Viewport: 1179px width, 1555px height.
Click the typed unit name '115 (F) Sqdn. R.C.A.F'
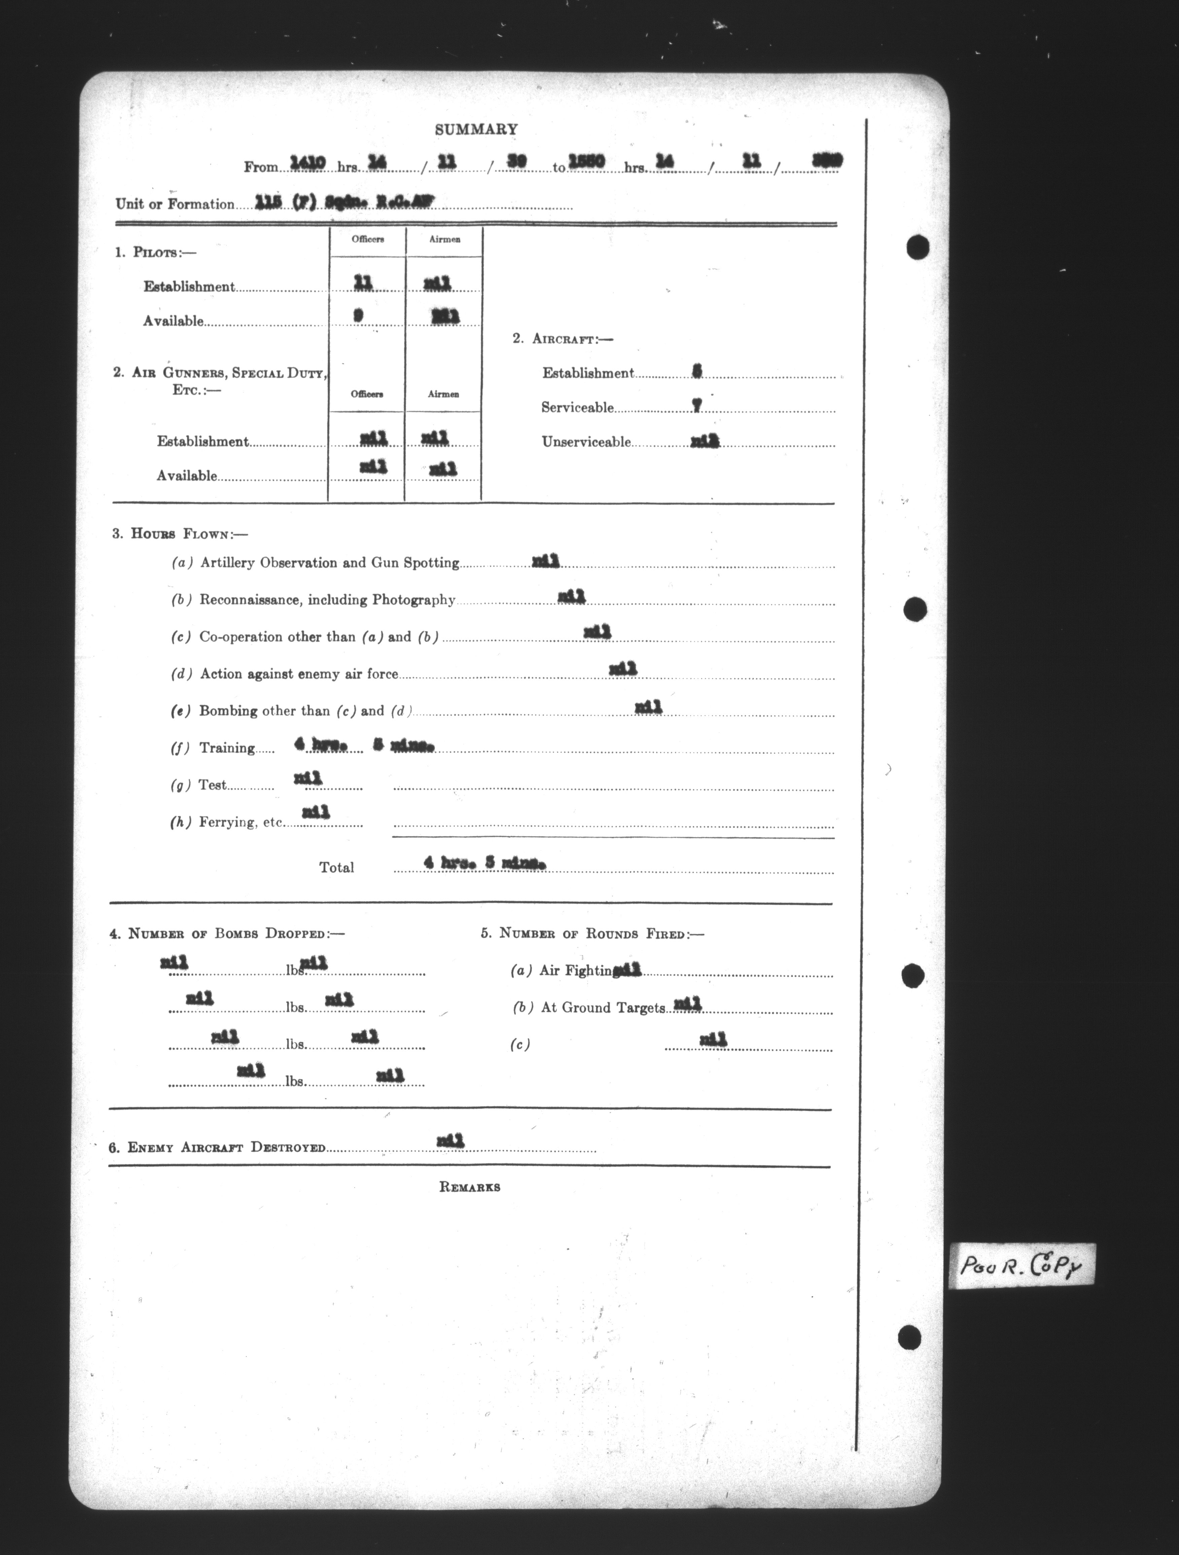[x=345, y=202]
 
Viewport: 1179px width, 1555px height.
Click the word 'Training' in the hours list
[x=226, y=748]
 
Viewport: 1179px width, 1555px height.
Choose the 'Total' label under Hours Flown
[x=336, y=868]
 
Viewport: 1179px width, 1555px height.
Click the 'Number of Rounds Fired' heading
[x=592, y=934]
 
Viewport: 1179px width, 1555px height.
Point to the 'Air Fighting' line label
[x=575, y=971]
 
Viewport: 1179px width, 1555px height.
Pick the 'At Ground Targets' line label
[x=602, y=1008]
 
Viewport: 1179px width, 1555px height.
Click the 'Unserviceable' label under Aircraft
[x=586, y=442]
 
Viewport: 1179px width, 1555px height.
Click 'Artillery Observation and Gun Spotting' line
[x=329, y=563]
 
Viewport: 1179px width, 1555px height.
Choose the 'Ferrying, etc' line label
[x=241, y=823]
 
